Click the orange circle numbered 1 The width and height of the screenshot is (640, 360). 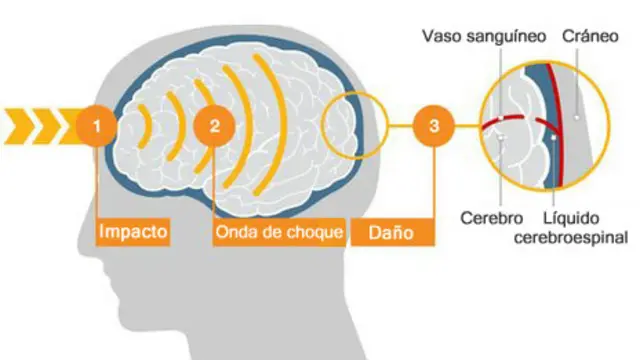pyautogui.click(x=96, y=126)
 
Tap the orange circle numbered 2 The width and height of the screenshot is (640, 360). pyautogui.click(x=215, y=126)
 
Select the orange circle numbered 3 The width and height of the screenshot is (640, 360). pyautogui.click(x=433, y=126)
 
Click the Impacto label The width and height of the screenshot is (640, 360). pyautogui.click(x=133, y=233)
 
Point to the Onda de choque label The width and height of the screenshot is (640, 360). pyautogui.click(x=279, y=233)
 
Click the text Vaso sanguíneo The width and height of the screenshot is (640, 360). pyautogui.click(x=483, y=37)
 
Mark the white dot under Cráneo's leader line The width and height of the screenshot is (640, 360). pyautogui.click(x=578, y=117)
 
